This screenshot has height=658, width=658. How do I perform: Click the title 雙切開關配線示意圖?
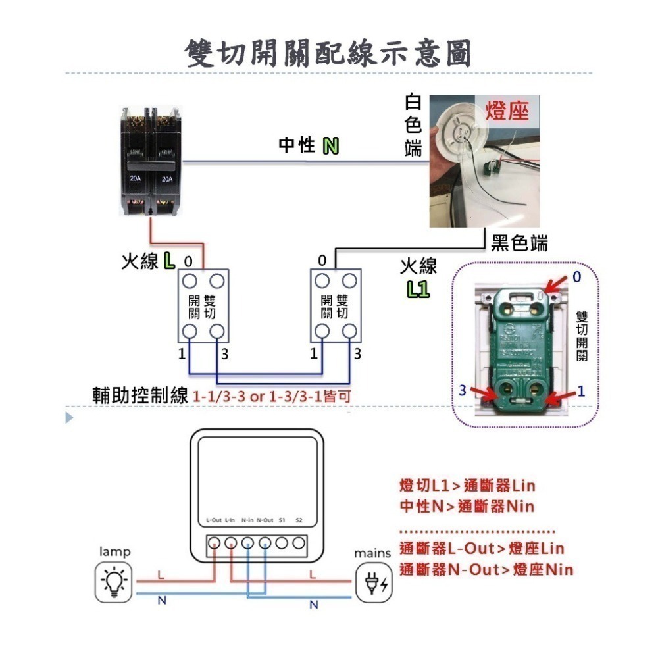pyautogui.click(x=328, y=53)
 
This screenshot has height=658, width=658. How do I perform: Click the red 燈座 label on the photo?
pyautogui.click(x=507, y=111)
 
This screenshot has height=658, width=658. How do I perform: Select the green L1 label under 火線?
pyautogui.click(x=418, y=289)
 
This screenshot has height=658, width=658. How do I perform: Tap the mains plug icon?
pyautogui.click(x=373, y=583)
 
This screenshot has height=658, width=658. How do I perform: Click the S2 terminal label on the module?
pyautogui.click(x=299, y=520)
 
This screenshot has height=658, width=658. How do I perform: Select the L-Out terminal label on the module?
pyautogui.click(x=213, y=520)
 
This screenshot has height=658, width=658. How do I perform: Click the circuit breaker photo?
pyautogui.click(x=150, y=162)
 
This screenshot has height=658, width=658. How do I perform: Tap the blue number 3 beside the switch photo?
pyautogui.click(x=463, y=390)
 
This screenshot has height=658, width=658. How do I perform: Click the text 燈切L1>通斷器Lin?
pyautogui.click(x=467, y=486)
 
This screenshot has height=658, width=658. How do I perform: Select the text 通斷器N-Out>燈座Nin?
pyautogui.click(x=486, y=569)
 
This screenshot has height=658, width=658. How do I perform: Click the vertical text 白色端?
pyautogui.click(x=413, y=126)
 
